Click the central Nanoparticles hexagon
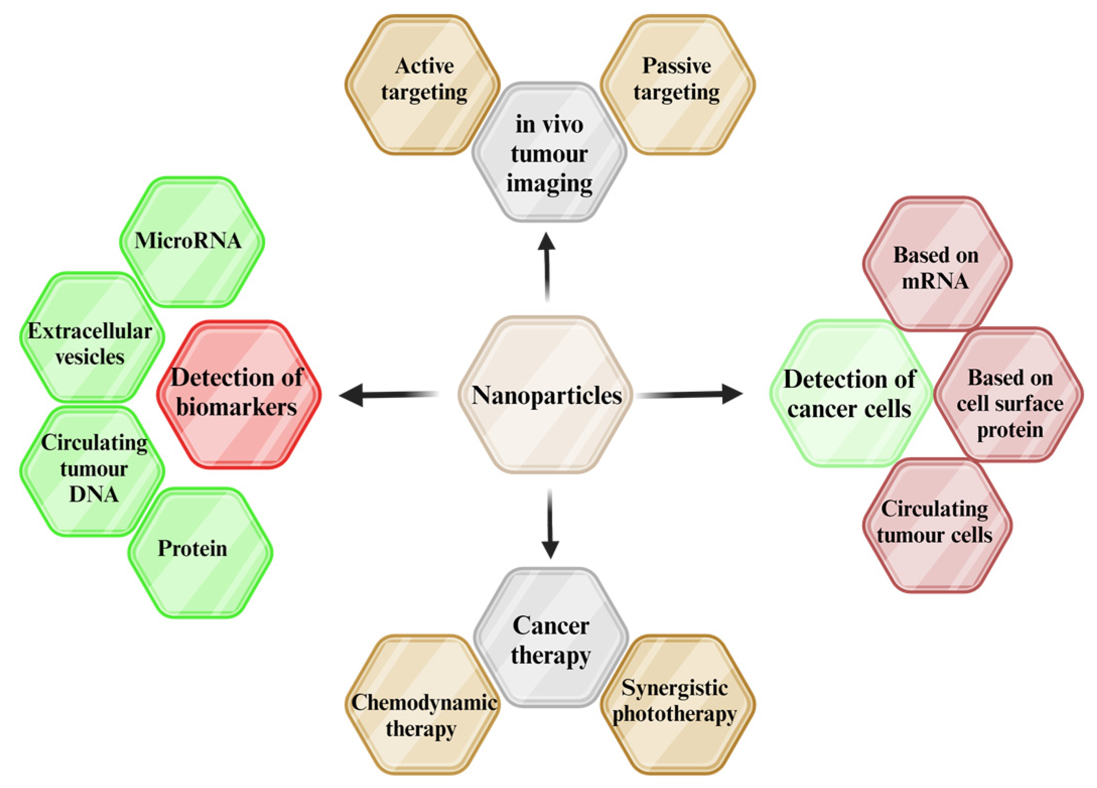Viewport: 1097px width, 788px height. click(546, 395)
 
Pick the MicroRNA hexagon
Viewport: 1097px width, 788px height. click(192, 241)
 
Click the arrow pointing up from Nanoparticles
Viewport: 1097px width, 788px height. click(547, 267)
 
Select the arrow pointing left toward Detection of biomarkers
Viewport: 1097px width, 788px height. click(388, 394)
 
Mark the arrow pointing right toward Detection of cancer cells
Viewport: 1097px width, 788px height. click(690, 394)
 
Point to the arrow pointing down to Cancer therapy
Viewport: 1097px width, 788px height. click(550, 524)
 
